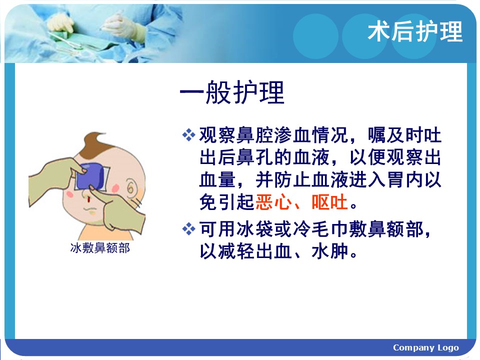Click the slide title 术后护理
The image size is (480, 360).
pos(415,31)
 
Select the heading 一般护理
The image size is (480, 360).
pos(232,92)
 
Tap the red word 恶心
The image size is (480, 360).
pos(273,202)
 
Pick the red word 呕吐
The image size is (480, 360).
pos(329,202)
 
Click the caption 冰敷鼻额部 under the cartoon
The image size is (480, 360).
pos(100,248)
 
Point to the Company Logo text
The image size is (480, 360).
pos(426,348)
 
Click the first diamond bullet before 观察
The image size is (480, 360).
pos(188,134)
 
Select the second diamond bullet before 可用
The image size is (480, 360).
pos(188,229)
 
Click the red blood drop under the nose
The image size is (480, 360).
pos(88,199)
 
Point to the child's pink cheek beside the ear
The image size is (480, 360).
pos(115,187)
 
